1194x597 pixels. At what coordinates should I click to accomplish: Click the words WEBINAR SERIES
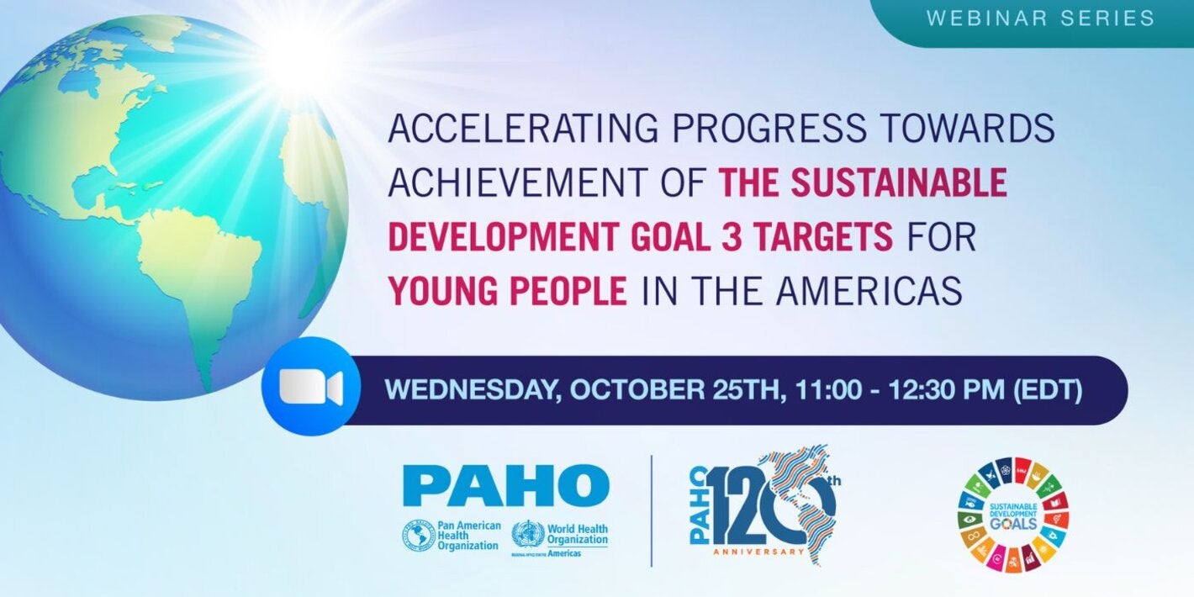tap(1041, 18)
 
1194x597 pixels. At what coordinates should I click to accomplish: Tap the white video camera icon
tap(310, 388)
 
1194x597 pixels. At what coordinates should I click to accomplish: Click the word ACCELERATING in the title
tap(520, 129)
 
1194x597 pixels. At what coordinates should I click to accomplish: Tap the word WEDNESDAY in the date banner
tap(470, 391)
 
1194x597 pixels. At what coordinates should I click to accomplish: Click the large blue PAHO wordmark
tap(506, 485)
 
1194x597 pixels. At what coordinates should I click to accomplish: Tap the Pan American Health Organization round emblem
tap(418, 536)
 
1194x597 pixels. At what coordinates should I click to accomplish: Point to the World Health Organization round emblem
tap(528, 536)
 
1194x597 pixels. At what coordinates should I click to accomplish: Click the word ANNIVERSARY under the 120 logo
tap(758, 552)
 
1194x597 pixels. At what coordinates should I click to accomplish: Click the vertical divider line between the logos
tap(652, 510)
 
